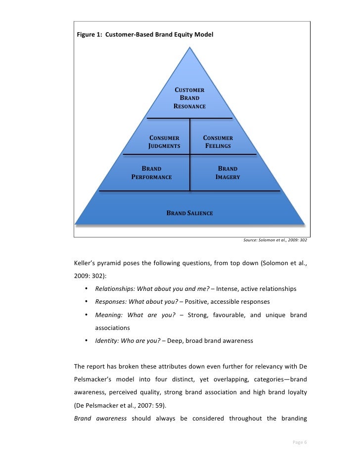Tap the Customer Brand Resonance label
point(189,98)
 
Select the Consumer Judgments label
point(164,142)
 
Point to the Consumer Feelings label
point(218,142)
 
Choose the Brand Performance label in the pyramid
point(151,173)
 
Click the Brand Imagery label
point(228,173)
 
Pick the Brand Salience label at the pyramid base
point(189,213)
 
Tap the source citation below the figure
point(274,240)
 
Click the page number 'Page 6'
point(299,442)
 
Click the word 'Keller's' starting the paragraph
point(85,263)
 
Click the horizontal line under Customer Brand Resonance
point(189,118)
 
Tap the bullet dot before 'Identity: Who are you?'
point(86,340)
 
